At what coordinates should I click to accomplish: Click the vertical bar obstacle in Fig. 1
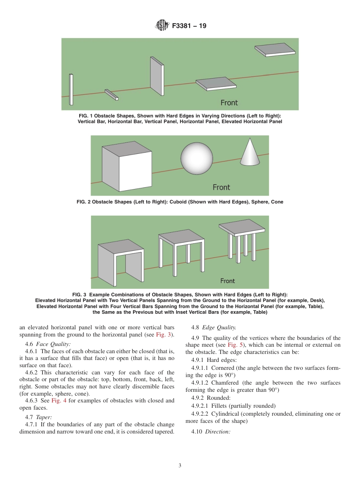(71, 89)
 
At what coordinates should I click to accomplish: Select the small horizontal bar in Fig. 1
(112, 95)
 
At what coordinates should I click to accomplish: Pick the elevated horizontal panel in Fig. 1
(275, 50)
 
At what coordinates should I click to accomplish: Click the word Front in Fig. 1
(229, 103)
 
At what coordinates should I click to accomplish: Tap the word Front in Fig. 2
(221, 187)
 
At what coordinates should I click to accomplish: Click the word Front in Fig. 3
(228, 281)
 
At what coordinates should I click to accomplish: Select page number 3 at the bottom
(180, 466)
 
